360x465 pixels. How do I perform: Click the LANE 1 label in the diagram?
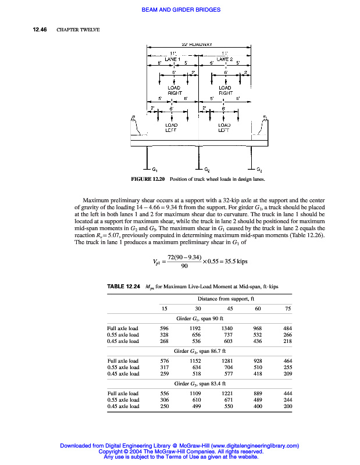click(172, 59)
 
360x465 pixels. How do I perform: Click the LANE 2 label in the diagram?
click(224, 59)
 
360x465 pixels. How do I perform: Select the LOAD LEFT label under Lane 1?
click(172, 127)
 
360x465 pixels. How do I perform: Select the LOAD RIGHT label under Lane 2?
click(224, 90)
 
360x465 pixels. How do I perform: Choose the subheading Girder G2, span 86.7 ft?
click(199, 351)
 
